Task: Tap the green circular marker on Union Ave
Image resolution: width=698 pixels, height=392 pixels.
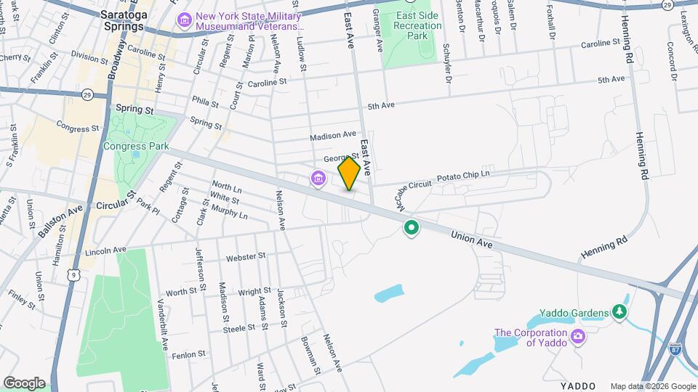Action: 412,229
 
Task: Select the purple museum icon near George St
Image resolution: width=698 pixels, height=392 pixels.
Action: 318,177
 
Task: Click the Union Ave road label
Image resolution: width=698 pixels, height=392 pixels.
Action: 471,240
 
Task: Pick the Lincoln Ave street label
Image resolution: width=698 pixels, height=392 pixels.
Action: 105,250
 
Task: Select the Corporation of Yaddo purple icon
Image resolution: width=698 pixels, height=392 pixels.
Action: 578,335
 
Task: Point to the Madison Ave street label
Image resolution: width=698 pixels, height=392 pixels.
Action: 332,136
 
